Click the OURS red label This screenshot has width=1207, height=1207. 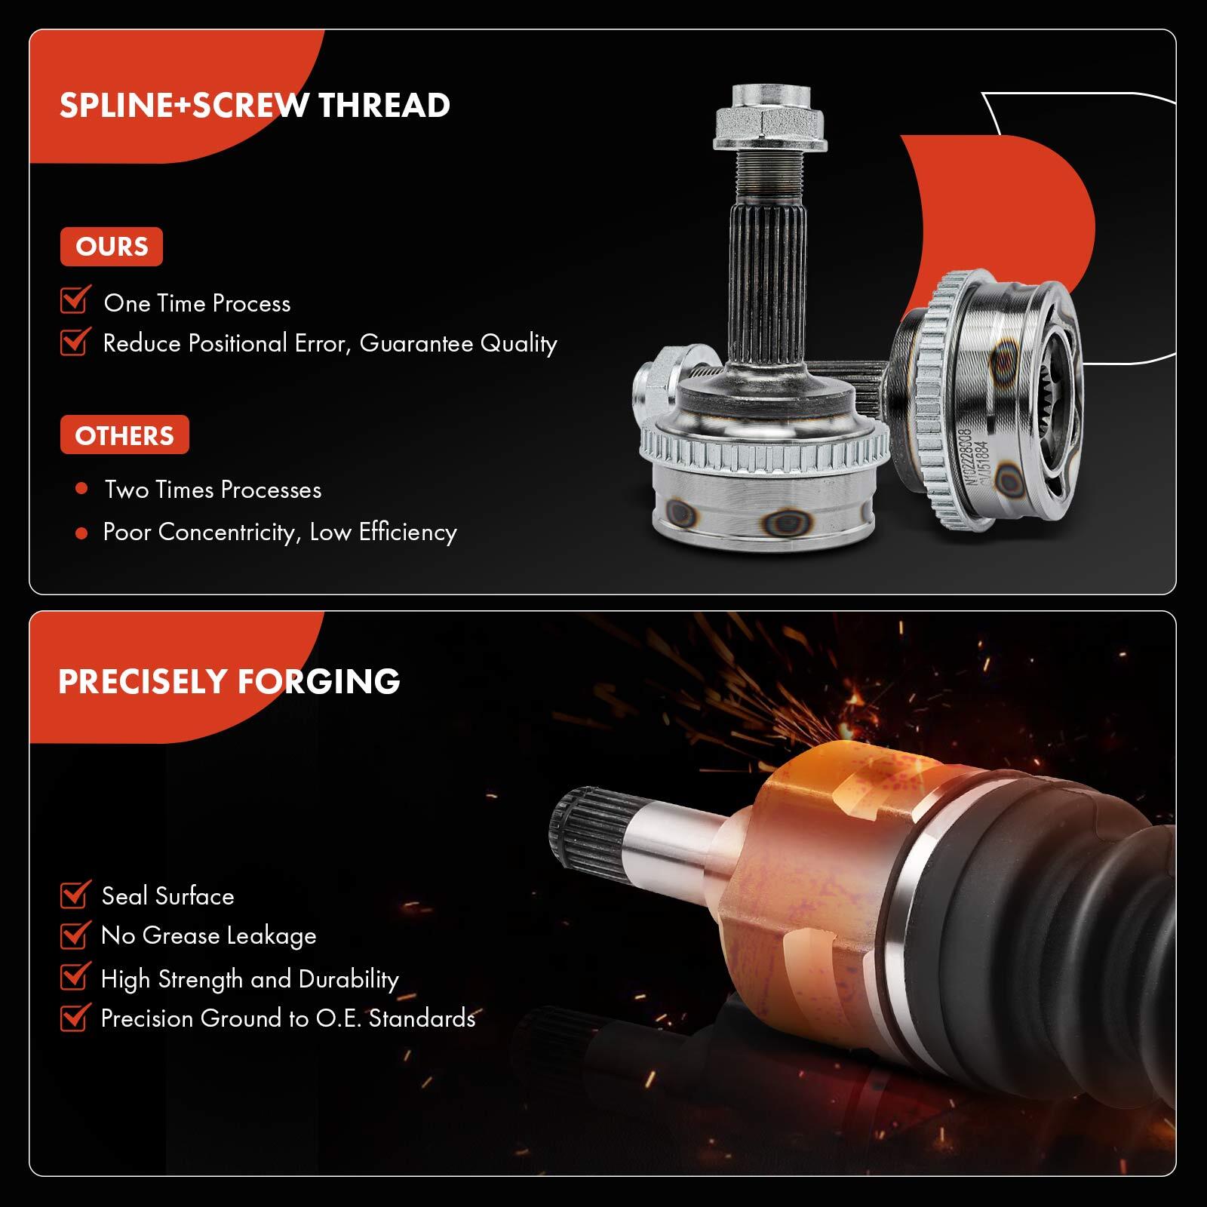click(x=112, y=247)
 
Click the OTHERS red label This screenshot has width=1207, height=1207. click(x=124, y=435)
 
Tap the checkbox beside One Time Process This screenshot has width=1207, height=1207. click(x=75, y=300)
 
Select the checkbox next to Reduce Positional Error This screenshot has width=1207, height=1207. click(x=75, y=342)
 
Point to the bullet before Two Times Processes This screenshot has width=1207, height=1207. click(x=81, y=489)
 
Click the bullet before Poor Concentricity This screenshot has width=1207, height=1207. click(x=81, y=533)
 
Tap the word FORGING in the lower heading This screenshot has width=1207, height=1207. click(x=319, y=681)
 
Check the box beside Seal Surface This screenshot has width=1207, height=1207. click(x=75, y=895)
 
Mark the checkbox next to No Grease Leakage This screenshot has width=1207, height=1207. click(x=75, y=935)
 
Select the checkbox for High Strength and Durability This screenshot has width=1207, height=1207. click(x=75, y=978)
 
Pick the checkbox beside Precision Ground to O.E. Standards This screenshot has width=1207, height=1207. click(x=75, y=1018)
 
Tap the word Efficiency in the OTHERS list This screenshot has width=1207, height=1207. click(x=407, y=533)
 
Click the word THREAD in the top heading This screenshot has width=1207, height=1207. click(x=384, y=105)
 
